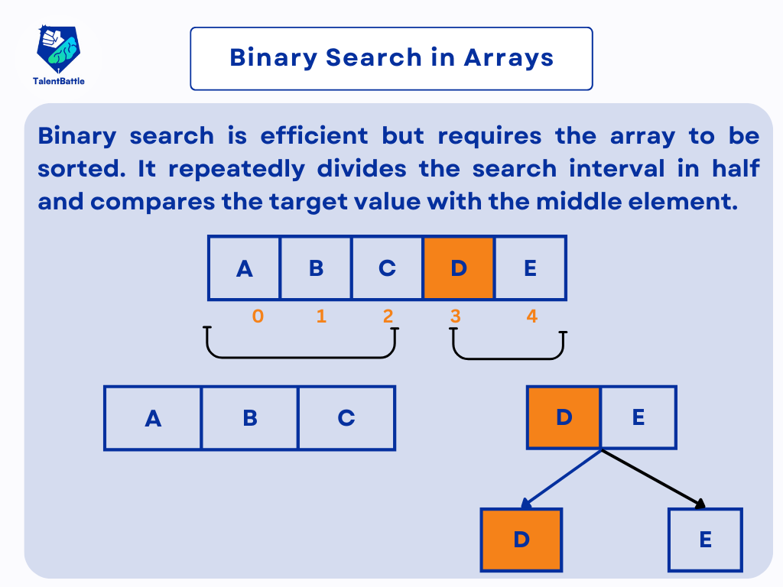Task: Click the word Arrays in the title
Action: tap(508, 58)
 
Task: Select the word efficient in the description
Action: tap(314, 136)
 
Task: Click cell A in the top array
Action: tap(244, 268)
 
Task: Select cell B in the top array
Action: tap(316, 268)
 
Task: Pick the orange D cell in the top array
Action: tap(459, 268)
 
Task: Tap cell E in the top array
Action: tap(531, 268)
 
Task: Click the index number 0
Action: tap(258, 316)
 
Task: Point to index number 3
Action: tap(455, 316)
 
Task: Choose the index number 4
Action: tap(532, 316)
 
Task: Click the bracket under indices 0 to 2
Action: tap(301, 358)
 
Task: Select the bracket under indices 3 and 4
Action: tap(508, 358)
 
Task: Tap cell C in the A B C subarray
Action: tap(346, 418)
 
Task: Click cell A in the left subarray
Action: tap(153, 418)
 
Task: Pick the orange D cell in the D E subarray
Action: tap(564, 417)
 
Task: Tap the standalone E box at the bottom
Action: tap(705, 540)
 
